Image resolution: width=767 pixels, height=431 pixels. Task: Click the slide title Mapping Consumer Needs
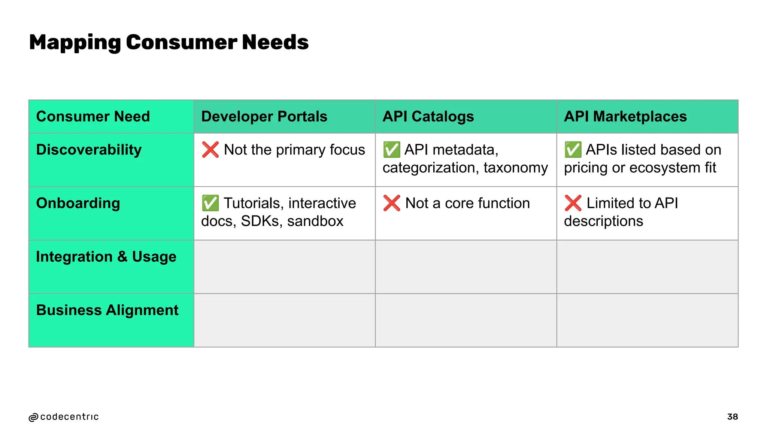click(169, 42)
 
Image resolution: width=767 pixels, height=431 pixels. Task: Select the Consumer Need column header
click(93, 116)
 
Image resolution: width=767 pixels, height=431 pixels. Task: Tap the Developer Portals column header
click(264, 116)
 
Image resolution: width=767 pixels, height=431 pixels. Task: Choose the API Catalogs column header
click(428, 116)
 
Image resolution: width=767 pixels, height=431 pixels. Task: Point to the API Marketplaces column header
click(625, 116)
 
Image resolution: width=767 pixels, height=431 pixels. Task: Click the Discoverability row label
click(89, 150)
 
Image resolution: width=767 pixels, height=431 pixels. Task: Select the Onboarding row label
click(78, 203)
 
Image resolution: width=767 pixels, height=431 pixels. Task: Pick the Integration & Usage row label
click(106, 257)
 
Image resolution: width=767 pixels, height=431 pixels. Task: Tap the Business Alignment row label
click(107, 310)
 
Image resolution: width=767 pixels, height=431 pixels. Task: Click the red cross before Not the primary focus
click(210, 150)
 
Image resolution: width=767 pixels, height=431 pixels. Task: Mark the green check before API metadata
click(392, 150)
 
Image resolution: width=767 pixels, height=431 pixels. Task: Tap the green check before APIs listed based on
click(573, 150)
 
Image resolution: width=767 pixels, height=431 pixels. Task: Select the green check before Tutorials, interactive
click(210, 203)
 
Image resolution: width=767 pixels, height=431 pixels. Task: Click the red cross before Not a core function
click(392, 203)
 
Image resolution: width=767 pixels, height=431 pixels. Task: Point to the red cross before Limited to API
click(573, 203)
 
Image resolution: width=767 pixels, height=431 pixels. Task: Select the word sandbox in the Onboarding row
click(315, 221)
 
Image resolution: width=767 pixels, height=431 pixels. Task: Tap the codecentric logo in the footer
click(64, 417)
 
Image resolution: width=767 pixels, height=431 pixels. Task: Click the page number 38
click(732, 417)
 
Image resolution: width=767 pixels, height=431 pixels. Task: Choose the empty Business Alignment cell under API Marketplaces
click(647, 320)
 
